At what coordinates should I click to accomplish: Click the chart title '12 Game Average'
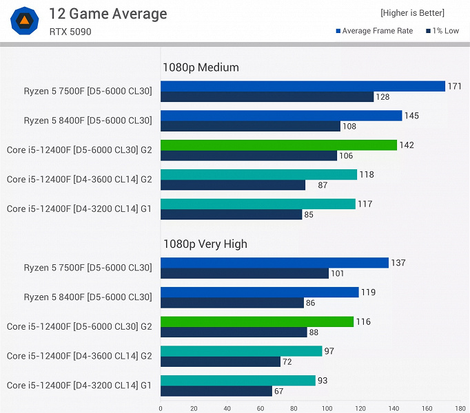tap(108, 14)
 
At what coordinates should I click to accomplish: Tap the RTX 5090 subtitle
tap(70, 32)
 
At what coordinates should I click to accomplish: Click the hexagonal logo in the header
tap(24, 21)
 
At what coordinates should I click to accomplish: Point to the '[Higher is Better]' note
tap(412, 13)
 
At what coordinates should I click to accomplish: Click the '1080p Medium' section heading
tap(201, 67)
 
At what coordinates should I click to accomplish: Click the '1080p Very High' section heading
tap(205, 244)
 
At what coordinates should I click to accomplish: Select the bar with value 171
tap(303, 86)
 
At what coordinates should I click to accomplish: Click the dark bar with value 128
tap(267, 97)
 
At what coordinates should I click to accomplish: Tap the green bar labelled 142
tap(278, 145)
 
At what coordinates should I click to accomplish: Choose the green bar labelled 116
tap(257, 321)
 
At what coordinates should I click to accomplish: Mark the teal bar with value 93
tap(238, 380)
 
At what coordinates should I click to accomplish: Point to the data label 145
tap(412, 116)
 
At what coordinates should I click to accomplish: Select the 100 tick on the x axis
tap(327, 407)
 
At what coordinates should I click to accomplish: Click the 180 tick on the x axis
tap(460, 407)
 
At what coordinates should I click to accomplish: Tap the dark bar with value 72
tap(221, 362)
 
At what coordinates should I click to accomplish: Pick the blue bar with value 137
tap(274, 262)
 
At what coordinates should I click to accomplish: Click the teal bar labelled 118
tap(258, 174)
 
